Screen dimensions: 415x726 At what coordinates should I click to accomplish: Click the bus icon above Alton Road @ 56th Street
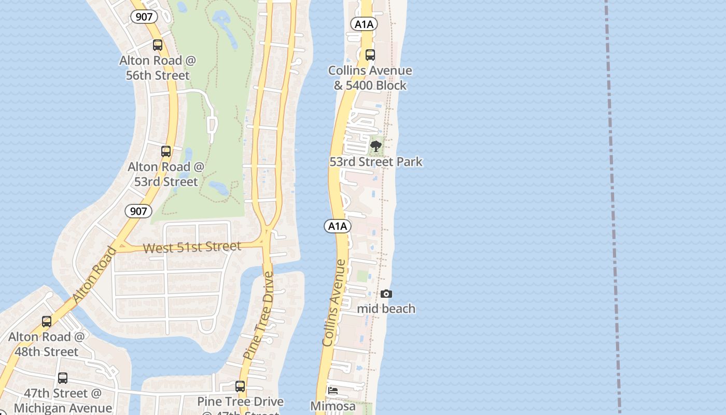(158, 45)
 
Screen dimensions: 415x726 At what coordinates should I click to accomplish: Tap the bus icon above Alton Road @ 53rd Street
(166, 151)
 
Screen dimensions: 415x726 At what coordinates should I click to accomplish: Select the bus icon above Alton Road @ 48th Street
(47, 322)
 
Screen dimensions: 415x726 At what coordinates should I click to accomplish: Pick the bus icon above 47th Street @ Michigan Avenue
(63, 378)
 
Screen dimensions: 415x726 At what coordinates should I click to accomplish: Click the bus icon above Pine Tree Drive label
(240, 386)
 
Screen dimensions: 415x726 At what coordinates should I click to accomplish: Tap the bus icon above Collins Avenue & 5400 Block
(370, 54)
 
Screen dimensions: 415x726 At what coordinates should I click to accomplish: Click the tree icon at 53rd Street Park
(376, 146)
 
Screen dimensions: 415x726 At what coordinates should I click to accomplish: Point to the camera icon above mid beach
(386, 294)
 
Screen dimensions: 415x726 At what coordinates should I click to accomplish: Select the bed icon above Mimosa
(333, 391)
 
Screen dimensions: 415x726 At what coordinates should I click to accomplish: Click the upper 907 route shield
(144, 17)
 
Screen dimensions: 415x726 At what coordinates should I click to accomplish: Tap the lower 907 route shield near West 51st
(138, 211)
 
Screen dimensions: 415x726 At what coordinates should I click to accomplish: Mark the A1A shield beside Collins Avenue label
(338, 226)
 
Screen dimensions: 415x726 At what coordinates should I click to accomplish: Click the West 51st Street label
(192, 247)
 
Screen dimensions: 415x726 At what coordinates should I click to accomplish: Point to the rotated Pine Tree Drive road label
(258, 316)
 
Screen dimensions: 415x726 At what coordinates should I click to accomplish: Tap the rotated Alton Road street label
(95, 275)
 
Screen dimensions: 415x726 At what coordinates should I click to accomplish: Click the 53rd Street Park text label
(376, 162)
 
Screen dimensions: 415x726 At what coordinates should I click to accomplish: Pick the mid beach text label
(386, 309)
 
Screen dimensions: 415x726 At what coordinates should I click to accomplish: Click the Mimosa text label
(333, 406)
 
